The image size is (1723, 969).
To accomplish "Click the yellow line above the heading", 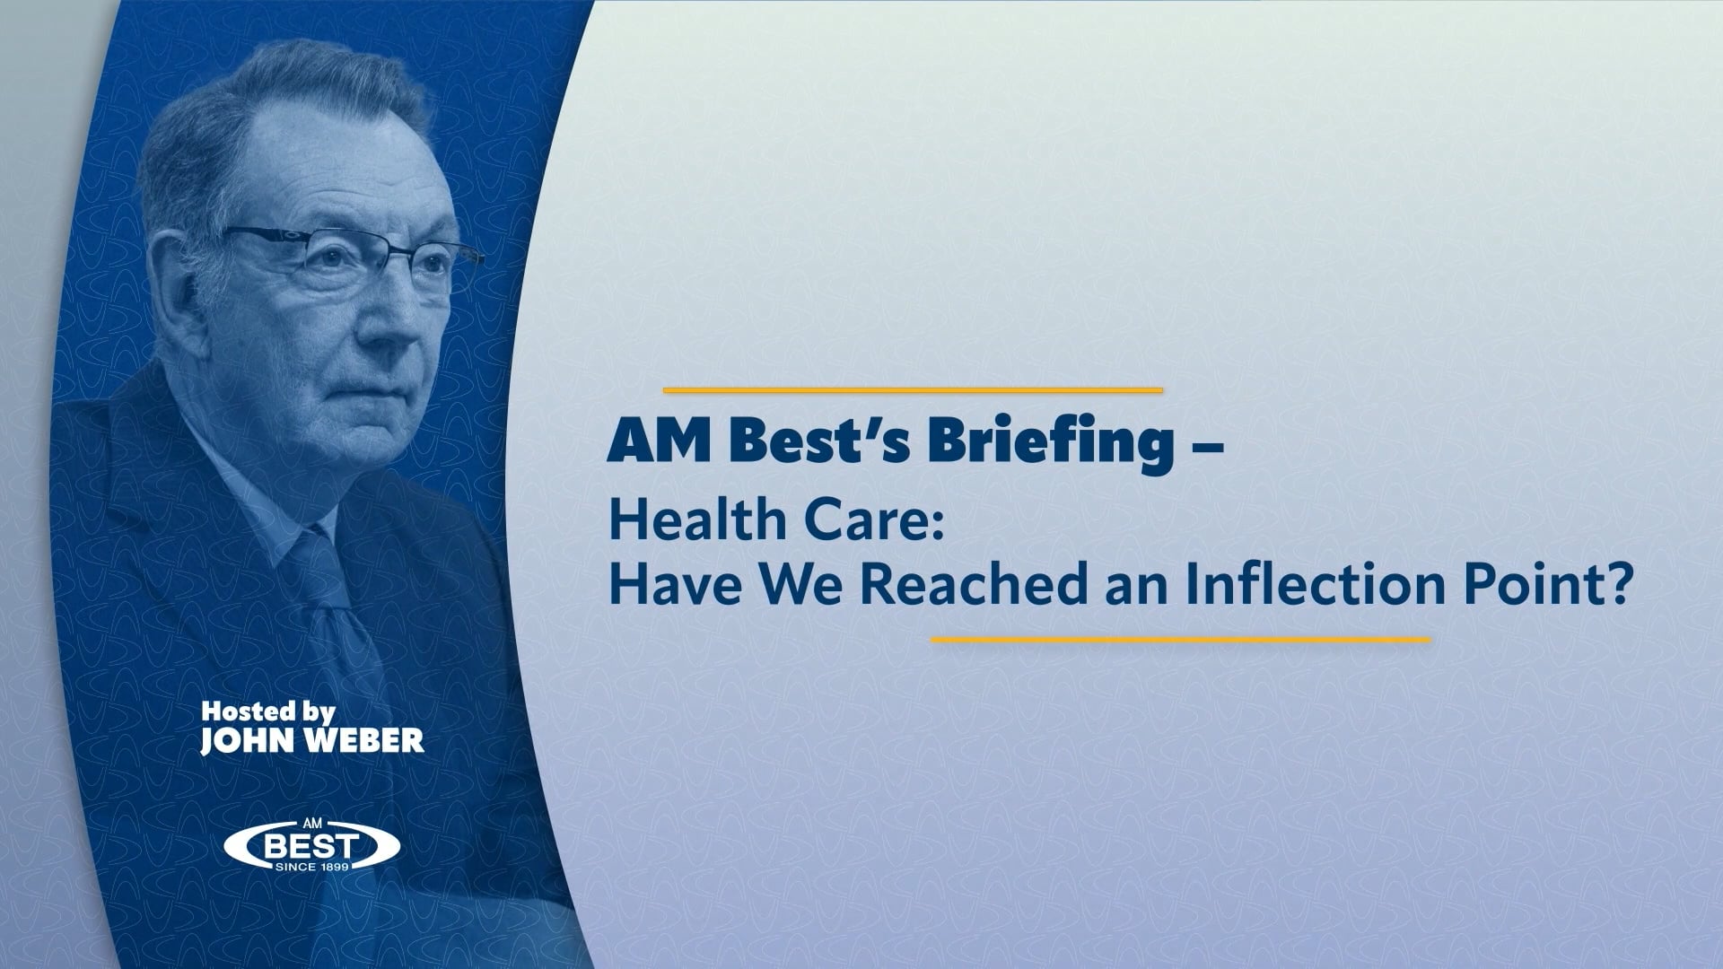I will pyautogui.click(x=912, y=390).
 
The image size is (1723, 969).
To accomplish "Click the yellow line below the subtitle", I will pyautogui.click(x=1180, y=640).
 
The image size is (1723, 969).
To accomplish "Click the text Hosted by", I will pyautogui.click(x=267, y=712).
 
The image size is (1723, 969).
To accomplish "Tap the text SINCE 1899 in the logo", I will pyautogui.click(x=311, y=867).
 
